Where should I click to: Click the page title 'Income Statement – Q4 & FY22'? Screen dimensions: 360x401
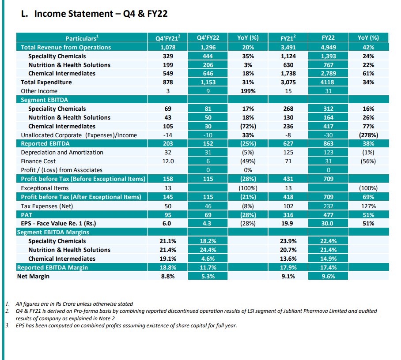click(95, 14)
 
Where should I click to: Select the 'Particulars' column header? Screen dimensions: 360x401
click(82, 38)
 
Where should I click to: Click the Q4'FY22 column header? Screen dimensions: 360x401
click(204, 38)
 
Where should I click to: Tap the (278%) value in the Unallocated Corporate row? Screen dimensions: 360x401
click(368, 135)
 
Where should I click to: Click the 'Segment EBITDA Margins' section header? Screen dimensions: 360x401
click(53, 232)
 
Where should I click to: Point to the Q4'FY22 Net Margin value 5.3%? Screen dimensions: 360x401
click(204, 276)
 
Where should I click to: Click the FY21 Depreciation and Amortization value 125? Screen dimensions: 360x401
click(288, 152)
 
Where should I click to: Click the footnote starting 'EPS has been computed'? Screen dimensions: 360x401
click(126, 326)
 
